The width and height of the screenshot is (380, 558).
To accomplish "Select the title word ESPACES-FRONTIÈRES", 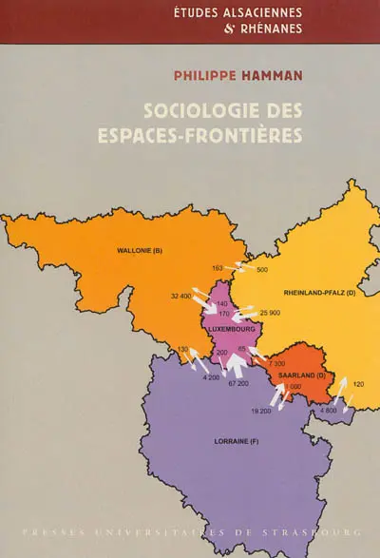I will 199,134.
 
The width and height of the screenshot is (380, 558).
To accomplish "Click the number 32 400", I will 180,298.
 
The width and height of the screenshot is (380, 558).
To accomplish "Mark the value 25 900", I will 270,313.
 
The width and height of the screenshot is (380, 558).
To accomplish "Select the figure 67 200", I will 237,383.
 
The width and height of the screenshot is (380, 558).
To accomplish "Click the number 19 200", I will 261,411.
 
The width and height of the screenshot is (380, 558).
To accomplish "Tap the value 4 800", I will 328,410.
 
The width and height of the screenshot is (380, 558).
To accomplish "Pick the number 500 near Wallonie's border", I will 262,270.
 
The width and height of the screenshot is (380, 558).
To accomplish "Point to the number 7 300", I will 276,364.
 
